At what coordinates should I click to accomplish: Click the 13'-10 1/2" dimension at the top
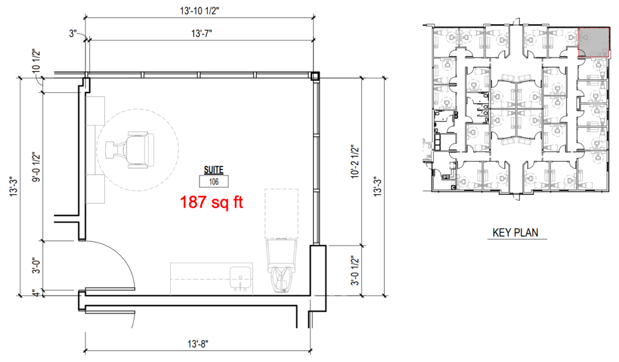(x=199, y=11)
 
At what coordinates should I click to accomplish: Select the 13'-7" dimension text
(x=202, y=33)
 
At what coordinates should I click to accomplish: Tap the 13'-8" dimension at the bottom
(x=198, y=344)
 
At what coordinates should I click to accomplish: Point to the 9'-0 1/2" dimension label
(x=36, y=167)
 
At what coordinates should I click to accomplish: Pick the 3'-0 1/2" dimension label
(x=355, y=270)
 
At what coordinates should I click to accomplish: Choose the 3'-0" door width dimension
(x=36, y=266)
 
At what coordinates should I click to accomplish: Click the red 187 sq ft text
(x=211, y=202)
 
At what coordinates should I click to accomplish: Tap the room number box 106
(x=214, y=182)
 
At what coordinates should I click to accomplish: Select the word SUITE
(x=214, y=170)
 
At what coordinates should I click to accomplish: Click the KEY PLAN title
(x=515, y=233)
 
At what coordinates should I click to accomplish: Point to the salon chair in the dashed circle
(x=129, y=149)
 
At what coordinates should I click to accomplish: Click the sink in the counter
(x=240, y=279)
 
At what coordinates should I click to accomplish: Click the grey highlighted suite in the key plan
(x=594, y=42)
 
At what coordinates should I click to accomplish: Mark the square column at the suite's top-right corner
(x=315, y=76)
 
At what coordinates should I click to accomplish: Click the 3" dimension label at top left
(x=73, y=33)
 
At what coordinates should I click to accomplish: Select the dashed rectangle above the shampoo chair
(x=281, y=214)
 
